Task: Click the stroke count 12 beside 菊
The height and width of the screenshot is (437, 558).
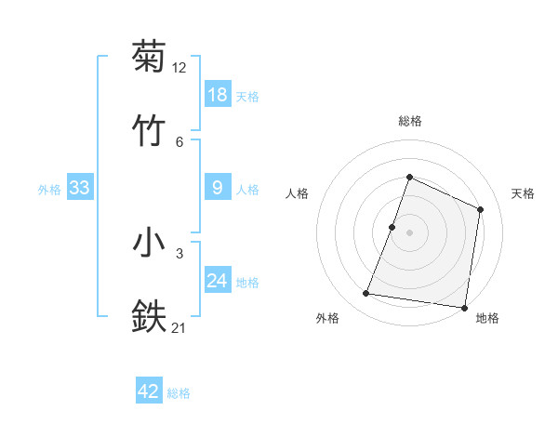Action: pos(179,68)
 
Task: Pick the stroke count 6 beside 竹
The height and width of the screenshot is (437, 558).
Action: pos(179,141)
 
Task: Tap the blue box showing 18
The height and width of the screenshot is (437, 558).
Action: pos(218,94)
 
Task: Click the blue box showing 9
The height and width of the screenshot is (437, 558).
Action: pos(218,188)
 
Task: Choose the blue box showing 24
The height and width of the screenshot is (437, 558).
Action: pos(218,281)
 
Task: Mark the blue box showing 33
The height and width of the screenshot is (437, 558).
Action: pos(80,188)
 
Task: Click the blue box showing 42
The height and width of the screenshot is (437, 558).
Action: pos(149,391)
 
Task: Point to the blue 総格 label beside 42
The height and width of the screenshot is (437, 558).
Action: pos(179,393)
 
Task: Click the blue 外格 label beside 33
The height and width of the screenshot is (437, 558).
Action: pos(49,190)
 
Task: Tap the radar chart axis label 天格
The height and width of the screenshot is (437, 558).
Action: pos(523,193)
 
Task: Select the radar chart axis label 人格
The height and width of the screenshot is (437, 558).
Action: pos(297,193)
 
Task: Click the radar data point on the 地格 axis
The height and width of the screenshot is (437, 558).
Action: pos(464,307)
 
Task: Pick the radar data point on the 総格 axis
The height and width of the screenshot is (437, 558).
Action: pos(409,177)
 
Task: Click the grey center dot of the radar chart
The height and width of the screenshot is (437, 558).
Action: pos(409,232)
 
